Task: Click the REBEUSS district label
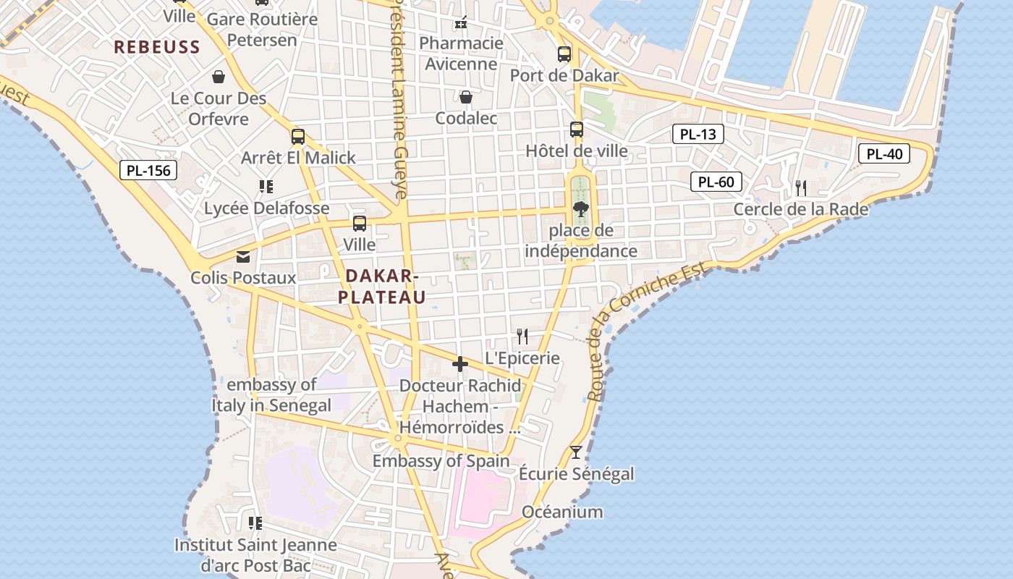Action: point(157,48)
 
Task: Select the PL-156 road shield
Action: point(148,171)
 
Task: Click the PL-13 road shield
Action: point(698,134)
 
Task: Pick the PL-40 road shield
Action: point(884,153)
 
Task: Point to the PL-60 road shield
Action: point(716,182)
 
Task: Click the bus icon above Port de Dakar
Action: point(564,54)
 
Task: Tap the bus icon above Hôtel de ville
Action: point(576,130)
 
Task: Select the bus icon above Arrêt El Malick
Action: point(297,136)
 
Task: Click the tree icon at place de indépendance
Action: point(580,210)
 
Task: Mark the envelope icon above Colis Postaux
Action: point(242,257)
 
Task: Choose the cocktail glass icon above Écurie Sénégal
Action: point(575,452)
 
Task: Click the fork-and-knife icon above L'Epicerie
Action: point(522,336)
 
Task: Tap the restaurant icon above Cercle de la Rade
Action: point(800,188)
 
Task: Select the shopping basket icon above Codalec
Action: point(466,97)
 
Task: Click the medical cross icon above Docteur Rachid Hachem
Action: point(459,364)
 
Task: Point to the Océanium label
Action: point(562,512)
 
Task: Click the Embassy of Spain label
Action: point(441,461)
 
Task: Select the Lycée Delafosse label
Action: point(266,208)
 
